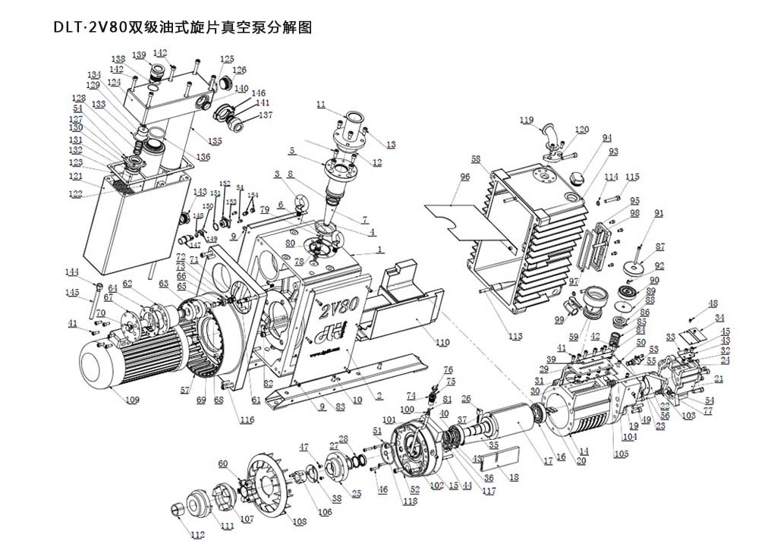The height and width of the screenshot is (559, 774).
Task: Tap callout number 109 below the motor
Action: pyautogui.click(x=132, y=399)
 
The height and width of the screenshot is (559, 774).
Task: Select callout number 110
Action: pyautogui.click(x=443, y=342)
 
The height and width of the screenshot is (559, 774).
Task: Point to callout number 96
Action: pyautogui.click(x=465, y=177)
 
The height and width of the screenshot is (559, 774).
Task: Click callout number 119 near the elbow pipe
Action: pyautogui.click(x=527, y=120)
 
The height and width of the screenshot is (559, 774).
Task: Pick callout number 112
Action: pyautogui.click(x=197, y=534)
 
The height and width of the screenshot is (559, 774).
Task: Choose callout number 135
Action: pyautogui.click(x=216, y=141)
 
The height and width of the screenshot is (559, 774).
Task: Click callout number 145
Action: pyautogui.click(x=71, y=292)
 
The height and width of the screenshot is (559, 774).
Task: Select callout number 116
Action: pyautogui.click(x=247, y=419)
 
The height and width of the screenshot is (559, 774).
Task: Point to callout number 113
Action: pyautogui.click(x=516, y=336)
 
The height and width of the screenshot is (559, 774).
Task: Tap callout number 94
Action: pyautogui.click(x=606, y=138)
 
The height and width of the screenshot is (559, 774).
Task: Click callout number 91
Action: pyautogui.click(x=658, y=213)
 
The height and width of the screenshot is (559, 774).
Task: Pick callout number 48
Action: pyautogui.click(x=713, y=303)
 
